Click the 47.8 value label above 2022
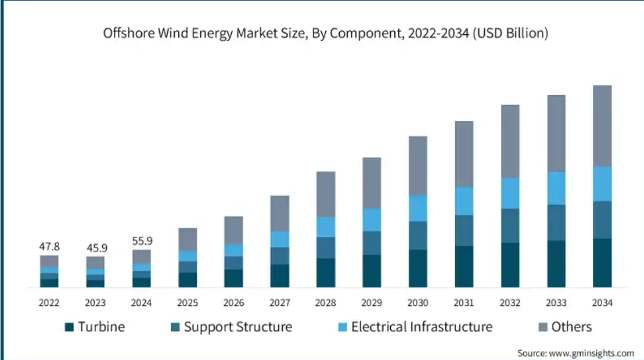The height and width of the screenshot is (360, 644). pyautogui.click(x=49, y=246)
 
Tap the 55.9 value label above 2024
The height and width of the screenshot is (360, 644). pyautogui.click(x=142, y=241)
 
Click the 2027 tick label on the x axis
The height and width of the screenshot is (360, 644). pyautogui.click(x=280, y=303)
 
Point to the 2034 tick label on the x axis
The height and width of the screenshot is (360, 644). pyautogui.click(x=602, y=303)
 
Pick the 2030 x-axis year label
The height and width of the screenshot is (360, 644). pyautogui.click(x=418, y=303)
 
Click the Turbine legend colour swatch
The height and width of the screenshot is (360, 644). pyautogui.click(x=69, y=327)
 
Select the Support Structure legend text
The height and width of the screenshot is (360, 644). pyautogui.click(x=238, y=327)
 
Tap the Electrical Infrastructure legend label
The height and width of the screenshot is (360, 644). pyautogui.click(x=422, y=327)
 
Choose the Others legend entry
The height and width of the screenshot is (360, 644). pyautogui.click(x=571, y=327)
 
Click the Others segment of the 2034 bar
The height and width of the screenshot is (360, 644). pyautogui.click(x=602, y=126)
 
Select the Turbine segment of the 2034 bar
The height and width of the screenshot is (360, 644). pyautogui.click(x=602, y=262)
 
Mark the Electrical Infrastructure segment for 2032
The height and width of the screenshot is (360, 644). pyautogui.click(x=510, y=193)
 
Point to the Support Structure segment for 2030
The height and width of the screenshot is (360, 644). pyautogui.click(x=418, y=235)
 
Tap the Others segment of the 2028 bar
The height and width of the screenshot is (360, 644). pyautogui.click(x=326, y=194)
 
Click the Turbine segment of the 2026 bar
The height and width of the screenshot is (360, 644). pyautogui.click(x=233, y=278)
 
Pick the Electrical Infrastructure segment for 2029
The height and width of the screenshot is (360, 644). pyautogui.click(x=372, y=219)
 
